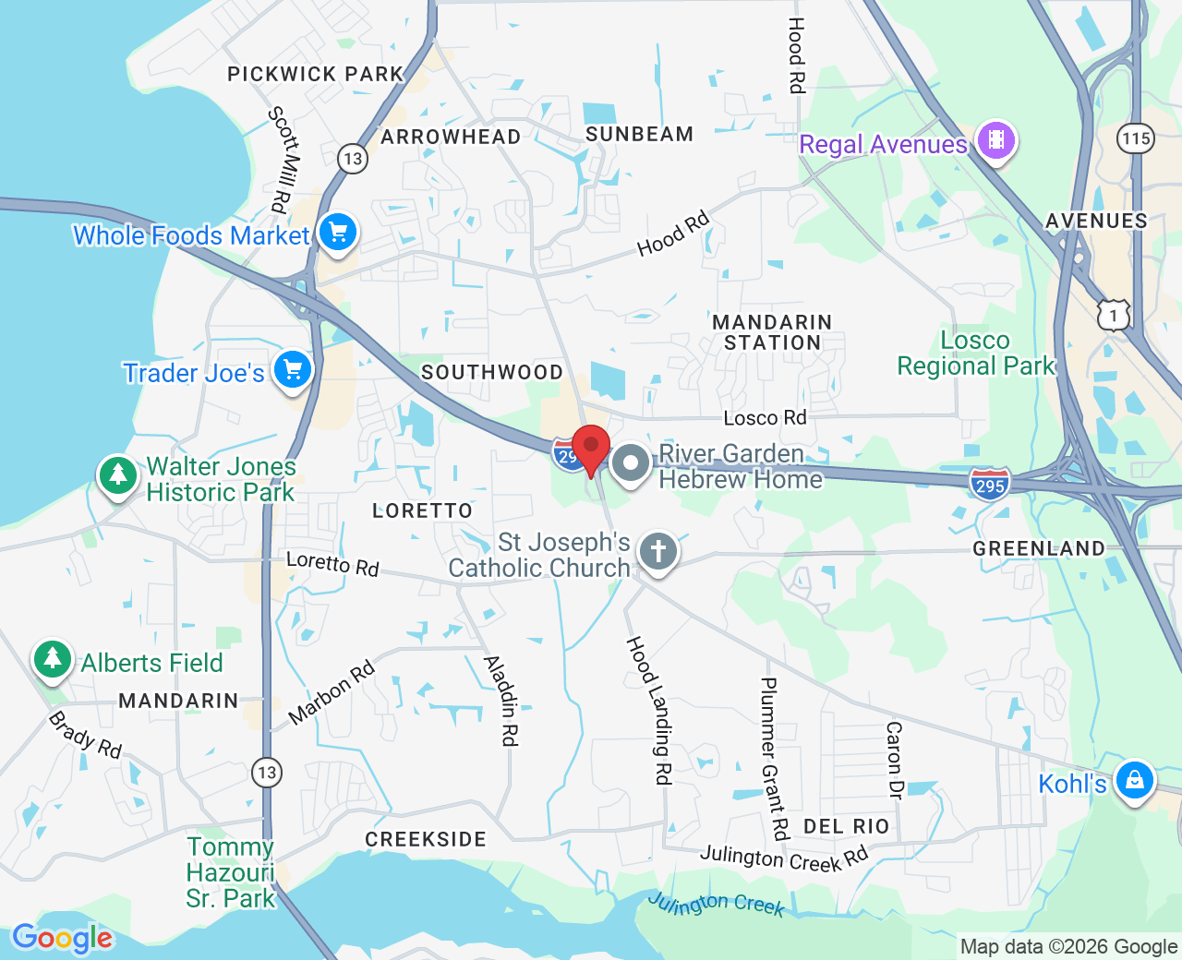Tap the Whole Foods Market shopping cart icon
pyautogui.click(x=338, y=233)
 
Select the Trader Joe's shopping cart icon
pyautogui.click(x=293, y=370)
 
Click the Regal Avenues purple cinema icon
pyautogui.click(x=995, y=141)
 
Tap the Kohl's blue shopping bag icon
pyautogui.click(x=1134, y=781)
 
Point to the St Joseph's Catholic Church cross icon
pyautogui.click(x=658, y=552)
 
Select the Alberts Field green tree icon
pyautogui.click(x=53, y=660)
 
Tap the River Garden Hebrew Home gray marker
pyautogui.click(x=632, y=464)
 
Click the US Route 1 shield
pyautogui.click(x=1114, y=316)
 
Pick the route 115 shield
pyautogui.click(x=1135, y=138)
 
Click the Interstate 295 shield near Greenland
pyautogui.click(x=989, y=485)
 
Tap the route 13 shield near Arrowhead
pyautogui.click(x=353, y=159)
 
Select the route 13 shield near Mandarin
pyautogui.click(x=267, y=773)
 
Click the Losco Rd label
pyautogui.click(x=765, y=418)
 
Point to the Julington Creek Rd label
pyautogui.click(x=784, y=858)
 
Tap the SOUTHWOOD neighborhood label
pyautogui.click(x=491, y=372)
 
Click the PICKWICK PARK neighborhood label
pyautogui.click(x=316, y=74)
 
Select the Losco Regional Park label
pyautogui.click(x=975, y=354)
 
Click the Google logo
pyautogui.click(x=63, y=938)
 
